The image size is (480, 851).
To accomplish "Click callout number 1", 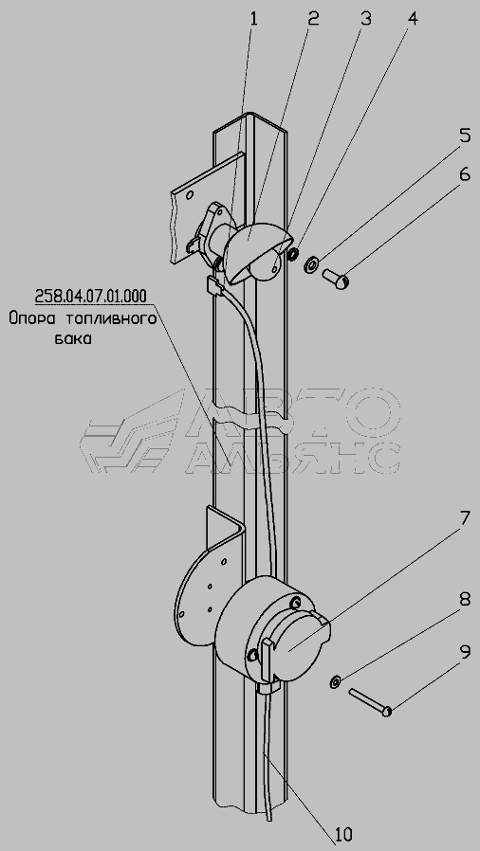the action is click(253, 20).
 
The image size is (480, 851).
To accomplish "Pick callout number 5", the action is click(465, 136).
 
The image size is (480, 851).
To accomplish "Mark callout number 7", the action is click(465, 518).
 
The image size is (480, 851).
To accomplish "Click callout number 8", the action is click(465, 600).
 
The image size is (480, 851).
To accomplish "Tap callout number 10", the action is click(343, 833).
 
